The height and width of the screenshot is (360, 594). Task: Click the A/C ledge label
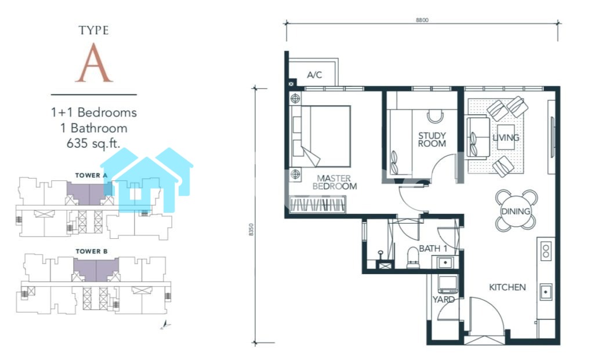(314, 75)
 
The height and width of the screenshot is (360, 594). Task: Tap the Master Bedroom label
(335, 182)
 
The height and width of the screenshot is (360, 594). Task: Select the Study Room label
(432, 139)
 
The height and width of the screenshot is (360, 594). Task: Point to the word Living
(506, 137)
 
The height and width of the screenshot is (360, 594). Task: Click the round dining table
(516, 211)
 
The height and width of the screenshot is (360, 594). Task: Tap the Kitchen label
(507, 288)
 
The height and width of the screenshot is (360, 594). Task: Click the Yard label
(444, 300)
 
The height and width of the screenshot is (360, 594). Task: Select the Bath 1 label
(433, 249)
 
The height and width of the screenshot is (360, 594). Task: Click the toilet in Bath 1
(412, 257)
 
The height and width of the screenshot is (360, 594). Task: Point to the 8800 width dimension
(422, 20)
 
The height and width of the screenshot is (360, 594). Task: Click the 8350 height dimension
(251, 230)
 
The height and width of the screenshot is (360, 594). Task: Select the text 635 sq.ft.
(93, 143)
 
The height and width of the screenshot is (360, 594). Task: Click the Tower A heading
(91, 175)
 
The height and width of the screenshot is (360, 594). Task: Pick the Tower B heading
(92, 252)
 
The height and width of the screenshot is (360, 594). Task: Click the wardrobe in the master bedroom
(317, 205)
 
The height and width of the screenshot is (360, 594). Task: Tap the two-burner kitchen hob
(546, 251)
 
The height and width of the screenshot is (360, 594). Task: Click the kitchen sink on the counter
(546, 292)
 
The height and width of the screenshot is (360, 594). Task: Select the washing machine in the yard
(448, 284)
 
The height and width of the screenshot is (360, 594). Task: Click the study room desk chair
(435, 117)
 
